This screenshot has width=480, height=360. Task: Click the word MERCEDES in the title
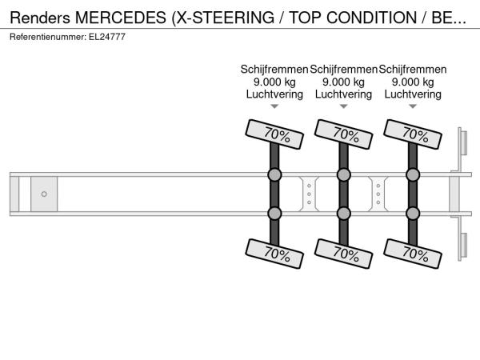tap(121, 18)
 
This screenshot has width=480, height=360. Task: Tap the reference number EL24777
tap(107, 37)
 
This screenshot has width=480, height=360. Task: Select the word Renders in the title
tap(40, 18)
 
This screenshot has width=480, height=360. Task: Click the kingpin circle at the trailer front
tap(44, 194)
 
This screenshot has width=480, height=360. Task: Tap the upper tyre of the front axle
tap(274, 134)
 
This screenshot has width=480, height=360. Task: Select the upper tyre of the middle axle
tap(343, 134)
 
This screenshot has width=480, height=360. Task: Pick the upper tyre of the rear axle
tap(413, 134)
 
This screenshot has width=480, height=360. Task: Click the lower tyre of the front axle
tap(274, 254)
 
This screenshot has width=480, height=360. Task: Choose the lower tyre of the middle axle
tap(343, 254)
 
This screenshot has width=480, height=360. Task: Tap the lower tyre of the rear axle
tap(413, 254)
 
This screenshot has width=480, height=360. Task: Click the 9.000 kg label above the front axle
tap(274, 82)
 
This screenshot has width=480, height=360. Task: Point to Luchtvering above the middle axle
tap(343, 94)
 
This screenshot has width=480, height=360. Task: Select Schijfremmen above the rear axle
tap(413, 70)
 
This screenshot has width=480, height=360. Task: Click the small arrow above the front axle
tap(274, 106)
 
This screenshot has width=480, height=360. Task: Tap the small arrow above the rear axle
tap(413, 106)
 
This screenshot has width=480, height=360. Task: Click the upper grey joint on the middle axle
tap(343, 174)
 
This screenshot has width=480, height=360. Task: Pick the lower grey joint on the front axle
tap(274, 214)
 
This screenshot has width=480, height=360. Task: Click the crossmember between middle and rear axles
tap(378, 194)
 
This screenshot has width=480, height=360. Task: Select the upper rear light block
tap(464, 142)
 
